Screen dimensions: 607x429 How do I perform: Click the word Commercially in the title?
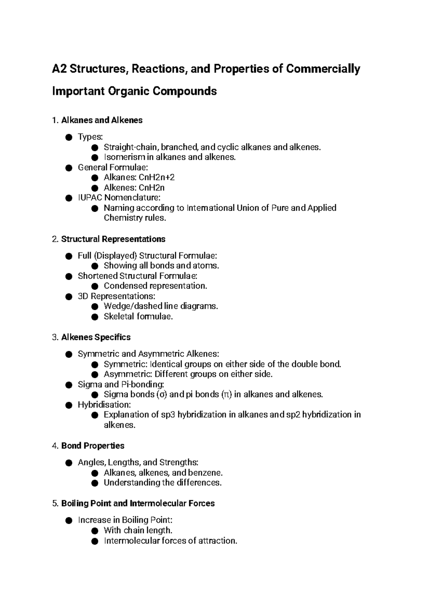323,69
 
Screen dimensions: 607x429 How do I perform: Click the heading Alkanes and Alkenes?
102,120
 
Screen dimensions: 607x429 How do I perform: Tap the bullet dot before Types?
69,137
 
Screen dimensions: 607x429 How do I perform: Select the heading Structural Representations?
113,239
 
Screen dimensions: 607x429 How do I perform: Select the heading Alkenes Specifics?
96,337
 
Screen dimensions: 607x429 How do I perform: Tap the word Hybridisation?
104,405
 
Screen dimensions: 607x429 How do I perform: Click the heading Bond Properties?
93,446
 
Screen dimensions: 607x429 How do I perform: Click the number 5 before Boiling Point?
54,503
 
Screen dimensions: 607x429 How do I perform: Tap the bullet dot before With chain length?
94,530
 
